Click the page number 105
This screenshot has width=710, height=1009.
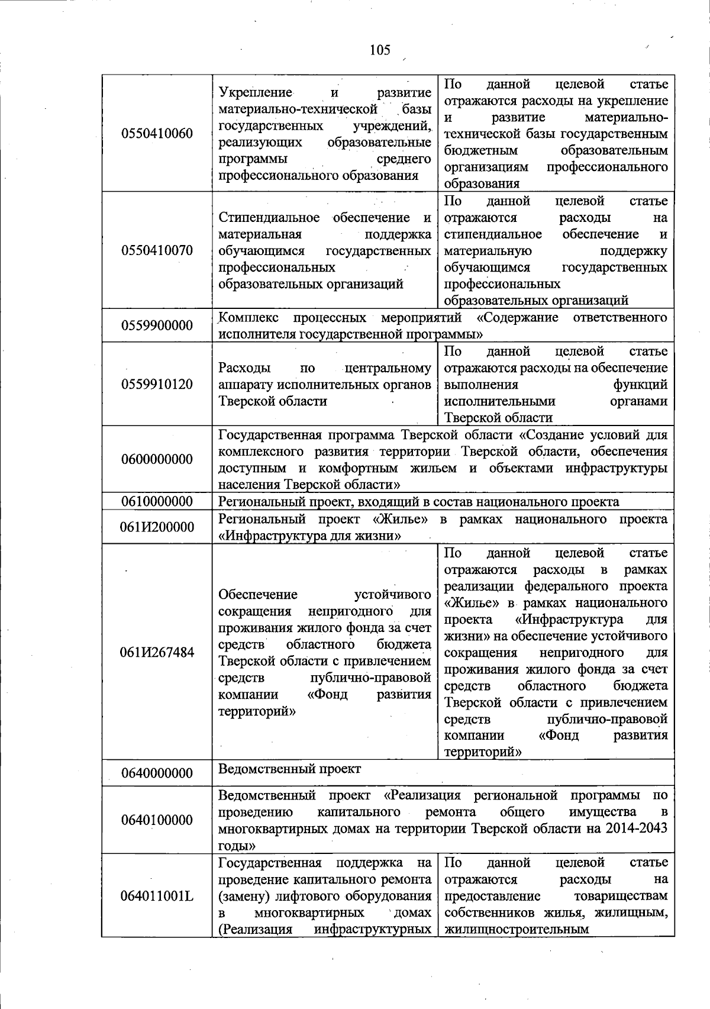click(380, 50)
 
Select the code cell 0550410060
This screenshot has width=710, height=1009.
click(157, 133)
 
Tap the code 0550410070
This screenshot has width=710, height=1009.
click(157, 250)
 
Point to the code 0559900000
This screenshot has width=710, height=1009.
click(157, 325)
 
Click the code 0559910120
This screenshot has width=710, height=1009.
click(157, 384)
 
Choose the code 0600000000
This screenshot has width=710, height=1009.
click(157, 459)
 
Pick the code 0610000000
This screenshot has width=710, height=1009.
click(157, 502)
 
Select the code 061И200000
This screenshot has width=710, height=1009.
click(157, 527)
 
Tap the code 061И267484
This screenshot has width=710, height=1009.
click(157, 652)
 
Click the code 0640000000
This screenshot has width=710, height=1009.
click(157, 773)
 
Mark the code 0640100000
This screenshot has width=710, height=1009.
click(157, 820)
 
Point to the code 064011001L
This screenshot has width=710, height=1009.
click(157, 895)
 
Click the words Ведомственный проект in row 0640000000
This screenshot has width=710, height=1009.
click(289, 769)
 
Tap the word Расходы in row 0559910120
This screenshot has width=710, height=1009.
click(244, 368)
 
